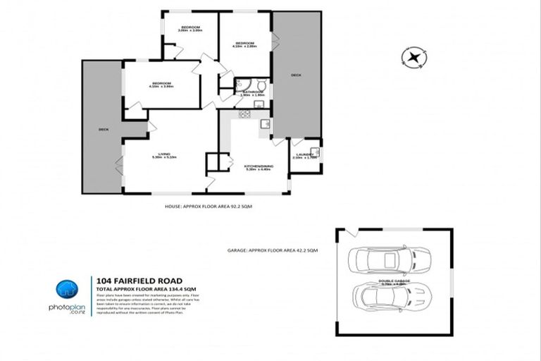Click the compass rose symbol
point(414,57)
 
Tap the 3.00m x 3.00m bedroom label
point(189,29)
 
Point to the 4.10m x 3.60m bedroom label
point(161,85)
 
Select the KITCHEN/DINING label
point(259,168)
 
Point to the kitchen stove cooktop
point(245,114)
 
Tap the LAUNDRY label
point(305,155)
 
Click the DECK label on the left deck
point(103,129)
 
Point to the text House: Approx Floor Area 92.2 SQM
point(208,208)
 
